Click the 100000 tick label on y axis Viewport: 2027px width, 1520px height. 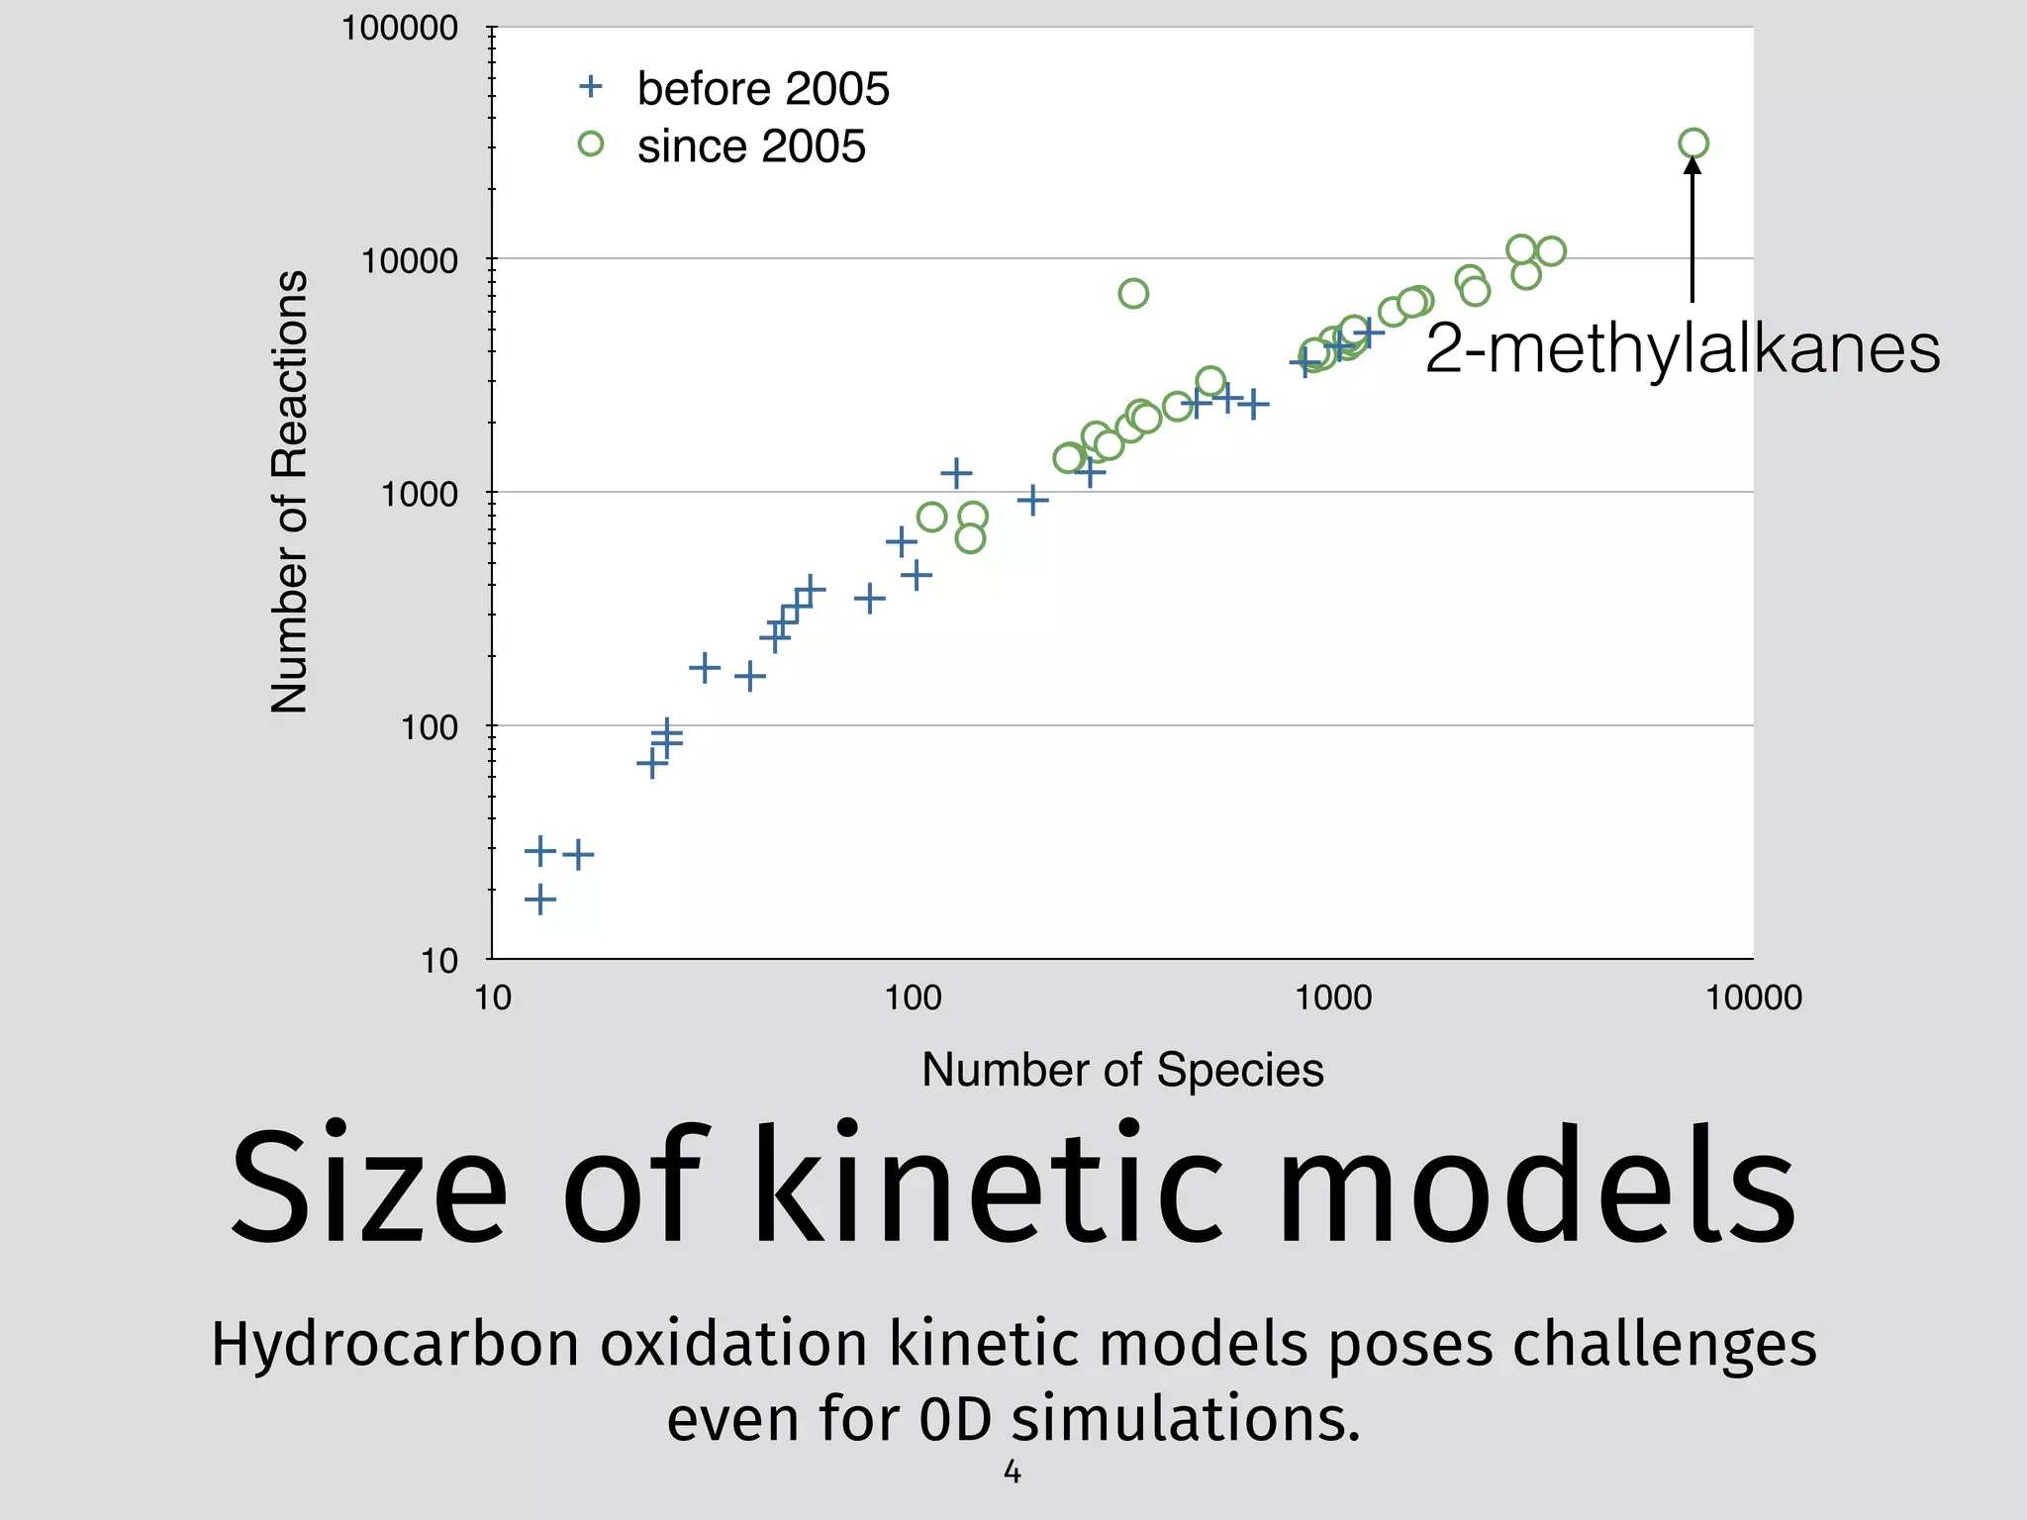400,28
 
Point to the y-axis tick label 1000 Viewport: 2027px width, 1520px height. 420,494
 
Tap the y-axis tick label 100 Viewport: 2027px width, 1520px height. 430,727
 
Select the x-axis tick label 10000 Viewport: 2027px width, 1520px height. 1753,997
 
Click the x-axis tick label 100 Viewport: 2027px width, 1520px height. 913,997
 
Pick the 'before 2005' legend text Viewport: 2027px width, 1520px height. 763,89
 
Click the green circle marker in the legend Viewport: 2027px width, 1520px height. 591,144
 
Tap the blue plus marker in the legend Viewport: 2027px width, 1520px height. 591,87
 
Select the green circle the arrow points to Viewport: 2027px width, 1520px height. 1693,143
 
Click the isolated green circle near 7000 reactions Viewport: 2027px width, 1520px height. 1133,293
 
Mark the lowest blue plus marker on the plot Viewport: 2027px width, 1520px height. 539,900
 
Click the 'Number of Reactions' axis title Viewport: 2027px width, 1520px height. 290,492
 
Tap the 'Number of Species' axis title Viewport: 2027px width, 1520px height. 1122,1070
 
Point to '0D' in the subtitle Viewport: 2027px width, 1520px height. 954,1419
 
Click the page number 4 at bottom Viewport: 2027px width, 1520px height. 1012,1472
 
